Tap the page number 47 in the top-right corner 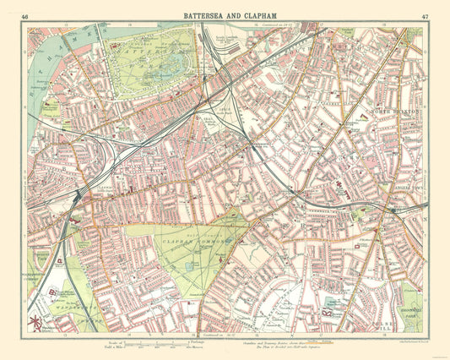tap(423, 16)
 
